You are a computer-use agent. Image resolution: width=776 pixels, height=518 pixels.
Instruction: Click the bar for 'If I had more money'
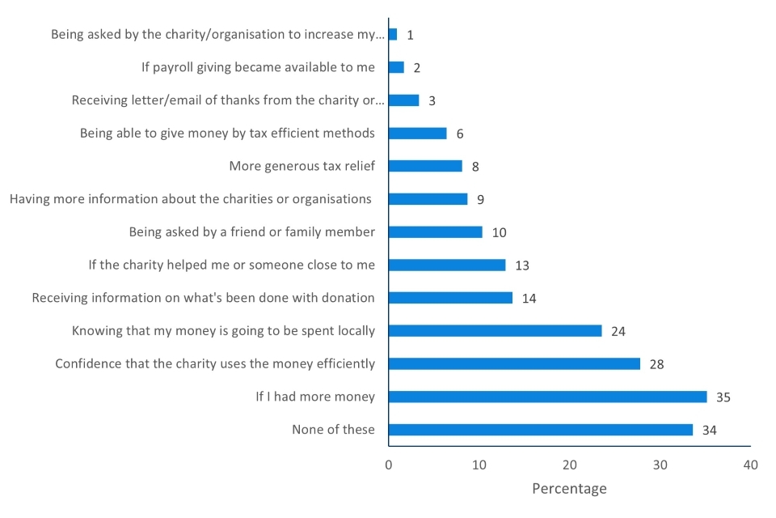coord(547,397)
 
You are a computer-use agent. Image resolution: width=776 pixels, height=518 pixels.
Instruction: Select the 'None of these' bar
coord(540,430)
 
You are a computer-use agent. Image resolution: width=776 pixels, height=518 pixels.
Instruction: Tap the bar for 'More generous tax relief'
coord(425,166)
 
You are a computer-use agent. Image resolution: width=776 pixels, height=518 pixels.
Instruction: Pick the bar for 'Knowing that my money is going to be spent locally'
coord(495,330)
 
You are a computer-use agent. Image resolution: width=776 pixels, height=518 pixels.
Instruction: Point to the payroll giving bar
coord(396,67)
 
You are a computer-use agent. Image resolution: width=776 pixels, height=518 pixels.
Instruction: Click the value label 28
coord(656,364)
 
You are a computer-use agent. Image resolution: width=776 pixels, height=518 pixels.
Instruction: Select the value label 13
coord(521,265)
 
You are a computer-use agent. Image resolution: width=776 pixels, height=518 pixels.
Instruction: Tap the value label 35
coord(723,397)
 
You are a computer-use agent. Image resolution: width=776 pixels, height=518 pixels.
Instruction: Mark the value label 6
coord(460,134)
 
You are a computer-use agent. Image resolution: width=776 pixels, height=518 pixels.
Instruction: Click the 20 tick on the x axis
coord(570,465)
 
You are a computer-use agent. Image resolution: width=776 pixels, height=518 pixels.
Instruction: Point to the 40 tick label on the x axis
coord(751,465)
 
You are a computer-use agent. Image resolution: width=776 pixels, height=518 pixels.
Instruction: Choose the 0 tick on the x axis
coord(389,465)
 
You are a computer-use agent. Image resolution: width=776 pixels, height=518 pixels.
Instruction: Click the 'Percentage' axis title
coord(569,489)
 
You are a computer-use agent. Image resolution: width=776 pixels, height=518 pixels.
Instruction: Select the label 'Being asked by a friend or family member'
coord(252,232)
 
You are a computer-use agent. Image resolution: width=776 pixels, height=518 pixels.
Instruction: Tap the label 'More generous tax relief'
coord(302,166)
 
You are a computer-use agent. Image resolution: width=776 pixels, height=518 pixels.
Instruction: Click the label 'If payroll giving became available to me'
coord(259,67)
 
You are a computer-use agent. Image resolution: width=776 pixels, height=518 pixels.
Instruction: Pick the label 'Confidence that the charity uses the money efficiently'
coord(215,364)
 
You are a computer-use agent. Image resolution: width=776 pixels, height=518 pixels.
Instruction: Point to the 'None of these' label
coord(333,430)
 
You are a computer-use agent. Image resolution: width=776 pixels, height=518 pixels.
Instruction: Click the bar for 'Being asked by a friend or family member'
coord(435,232)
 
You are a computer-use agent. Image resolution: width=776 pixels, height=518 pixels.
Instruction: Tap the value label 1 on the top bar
coord(411,35)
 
